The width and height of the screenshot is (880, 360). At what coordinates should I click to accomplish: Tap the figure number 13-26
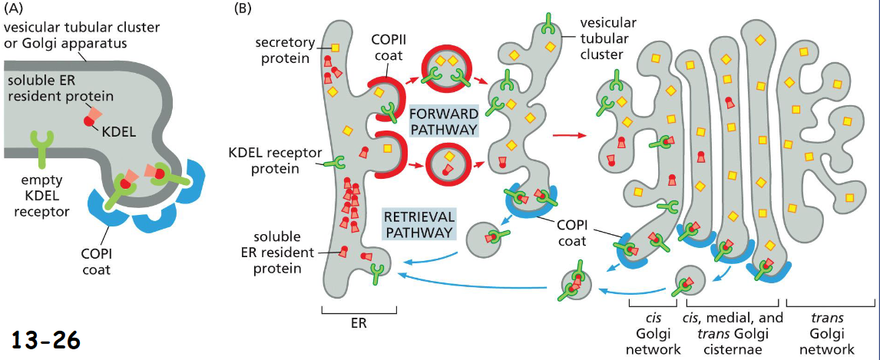pos(46,339)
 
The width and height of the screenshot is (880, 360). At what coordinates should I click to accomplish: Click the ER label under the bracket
pos(359,323)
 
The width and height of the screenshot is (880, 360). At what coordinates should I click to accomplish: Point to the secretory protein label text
pos(282,51)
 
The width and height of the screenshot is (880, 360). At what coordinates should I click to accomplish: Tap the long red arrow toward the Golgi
pos(568,137)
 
